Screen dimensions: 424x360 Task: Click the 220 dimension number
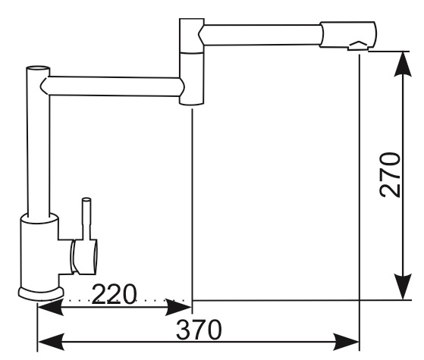114,294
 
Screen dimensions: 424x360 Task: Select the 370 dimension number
199,330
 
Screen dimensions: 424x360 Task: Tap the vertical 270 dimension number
390,175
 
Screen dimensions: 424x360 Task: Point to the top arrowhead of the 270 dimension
403,64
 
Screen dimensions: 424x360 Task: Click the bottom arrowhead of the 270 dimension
403,286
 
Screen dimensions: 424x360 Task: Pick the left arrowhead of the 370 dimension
51,342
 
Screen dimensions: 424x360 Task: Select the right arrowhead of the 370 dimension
347,342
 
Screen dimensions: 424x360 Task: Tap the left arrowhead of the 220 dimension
51,307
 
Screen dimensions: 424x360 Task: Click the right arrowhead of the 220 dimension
178,307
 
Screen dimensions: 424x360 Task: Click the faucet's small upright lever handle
86,219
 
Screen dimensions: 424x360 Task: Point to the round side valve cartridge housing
84,257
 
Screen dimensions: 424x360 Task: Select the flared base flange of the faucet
41,294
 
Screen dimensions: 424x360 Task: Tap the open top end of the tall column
38,68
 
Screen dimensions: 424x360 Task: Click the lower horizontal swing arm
112,86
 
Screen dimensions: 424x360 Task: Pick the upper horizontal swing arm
260,35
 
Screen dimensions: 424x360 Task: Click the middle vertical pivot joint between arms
192,61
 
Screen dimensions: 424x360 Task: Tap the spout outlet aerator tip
358,46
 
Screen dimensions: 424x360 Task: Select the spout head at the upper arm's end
347,35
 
